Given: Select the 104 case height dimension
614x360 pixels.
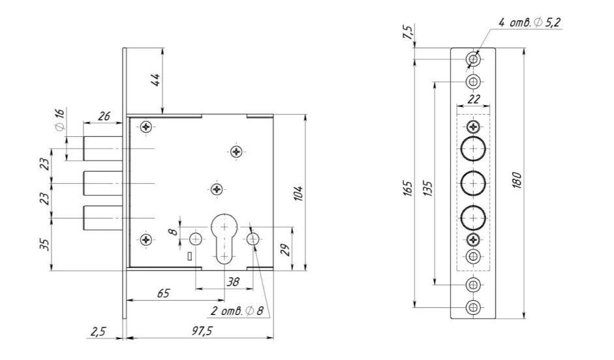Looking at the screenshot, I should coord(298,192).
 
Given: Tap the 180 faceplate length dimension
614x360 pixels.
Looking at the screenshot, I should coord(516,180).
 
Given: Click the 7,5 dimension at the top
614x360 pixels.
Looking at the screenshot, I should coord(408,33).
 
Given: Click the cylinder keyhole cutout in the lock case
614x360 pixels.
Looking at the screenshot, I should coord(224,238).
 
